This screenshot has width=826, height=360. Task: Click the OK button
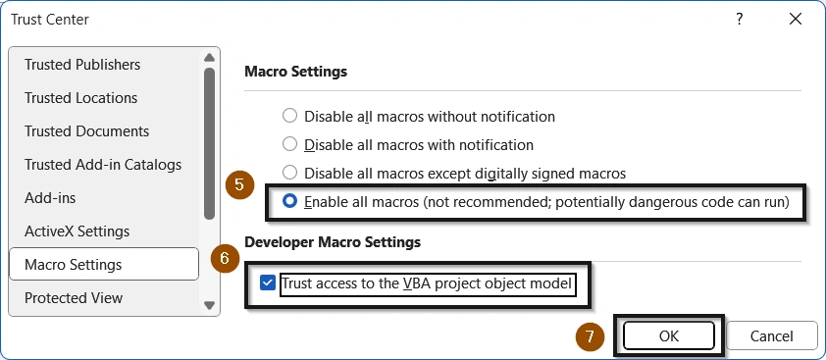click(x=669, y=335)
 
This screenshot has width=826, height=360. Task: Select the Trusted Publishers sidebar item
click(x=82, y=65)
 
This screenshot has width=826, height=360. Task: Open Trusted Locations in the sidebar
click(x=80, y=98)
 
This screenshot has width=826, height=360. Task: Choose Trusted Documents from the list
click(x=86, y=131)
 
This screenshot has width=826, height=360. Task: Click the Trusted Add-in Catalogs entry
click(x=103, y=165)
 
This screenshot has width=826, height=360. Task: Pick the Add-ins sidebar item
click(x=50, y=198)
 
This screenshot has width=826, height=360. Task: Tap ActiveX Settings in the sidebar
click(x=77, y=231)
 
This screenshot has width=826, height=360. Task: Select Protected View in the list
click(x=74, y=298)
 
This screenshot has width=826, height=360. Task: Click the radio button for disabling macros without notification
click(x=289, y=116)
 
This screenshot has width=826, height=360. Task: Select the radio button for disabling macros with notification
click(x=289, y=144)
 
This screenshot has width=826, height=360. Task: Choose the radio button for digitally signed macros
click(x=289, y=174)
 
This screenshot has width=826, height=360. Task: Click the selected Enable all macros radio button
click(x=289, y=202)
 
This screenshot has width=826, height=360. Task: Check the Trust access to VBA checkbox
click(x=268, y=284)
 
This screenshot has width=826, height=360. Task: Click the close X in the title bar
click(x=793, y=19)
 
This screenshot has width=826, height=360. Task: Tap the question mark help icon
click(x=739, y=19)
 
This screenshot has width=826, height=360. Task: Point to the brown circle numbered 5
click(x=239, y=185)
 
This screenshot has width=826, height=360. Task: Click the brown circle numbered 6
click(x=226, y=259)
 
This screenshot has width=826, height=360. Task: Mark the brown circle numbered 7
click(x=590, y=335)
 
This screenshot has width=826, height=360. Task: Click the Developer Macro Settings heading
click(x=333, y=241)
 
